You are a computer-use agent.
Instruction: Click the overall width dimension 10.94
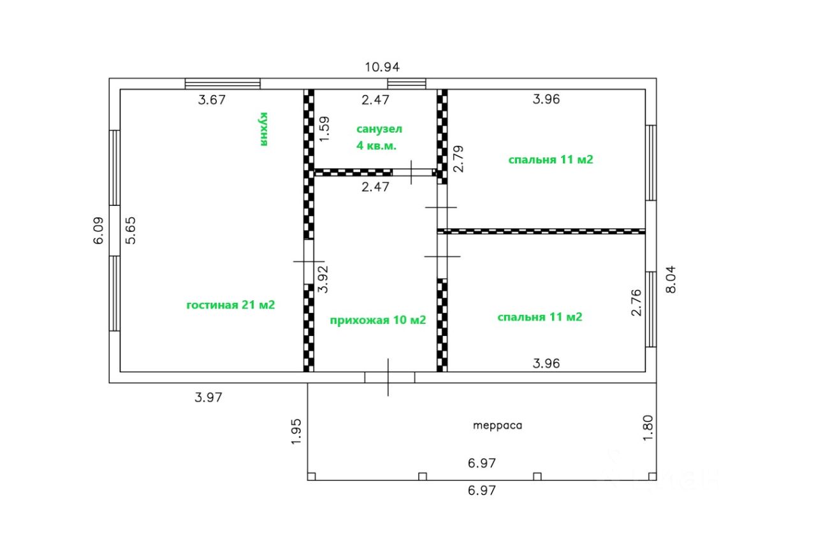tap(382, 66)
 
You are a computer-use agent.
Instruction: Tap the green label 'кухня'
tap(263, 129)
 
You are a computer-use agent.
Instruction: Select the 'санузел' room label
tap(379, 129)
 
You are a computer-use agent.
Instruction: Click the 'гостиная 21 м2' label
tap(230, 305)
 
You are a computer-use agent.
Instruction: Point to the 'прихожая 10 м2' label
tap(377, 320)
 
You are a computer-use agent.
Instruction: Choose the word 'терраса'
tap(497, 425)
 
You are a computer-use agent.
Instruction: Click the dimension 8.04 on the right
tap(673, 279)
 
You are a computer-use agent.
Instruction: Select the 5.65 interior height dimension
tap(131, 231)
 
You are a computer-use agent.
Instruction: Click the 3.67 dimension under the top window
tap(212, 99)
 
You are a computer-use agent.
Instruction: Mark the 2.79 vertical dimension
tap(457, 159)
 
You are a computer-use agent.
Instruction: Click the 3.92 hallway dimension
tap(323, 279)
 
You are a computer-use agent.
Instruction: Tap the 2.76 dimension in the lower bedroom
tap(636, 302)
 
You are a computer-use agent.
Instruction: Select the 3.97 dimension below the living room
tap(208, 397)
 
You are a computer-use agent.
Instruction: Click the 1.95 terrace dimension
tap(296, 432)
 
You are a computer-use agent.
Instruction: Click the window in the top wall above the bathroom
tap(407, 84)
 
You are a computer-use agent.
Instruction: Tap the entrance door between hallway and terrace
tap(389, 377)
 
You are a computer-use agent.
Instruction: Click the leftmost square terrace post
tap(312, 476)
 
